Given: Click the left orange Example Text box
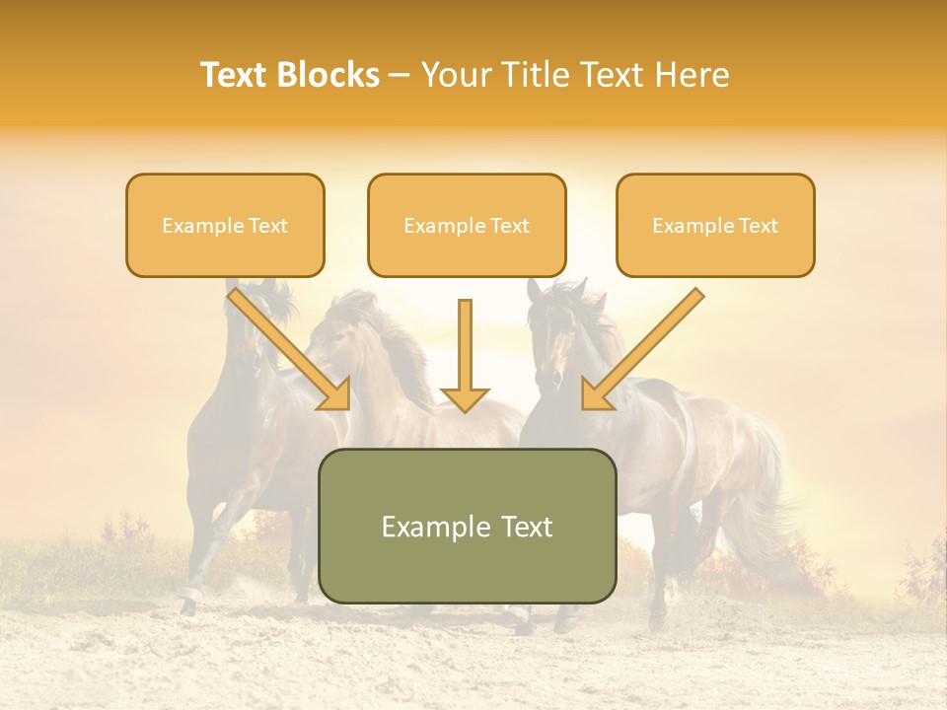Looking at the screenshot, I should click(225, 225).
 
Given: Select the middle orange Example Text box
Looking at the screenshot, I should click(467, 225).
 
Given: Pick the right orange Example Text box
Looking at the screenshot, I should click(715, 225).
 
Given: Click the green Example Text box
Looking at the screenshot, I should click(467, 526).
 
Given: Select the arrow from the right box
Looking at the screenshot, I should click(641, 350).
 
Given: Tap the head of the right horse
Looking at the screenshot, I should click(552, 335).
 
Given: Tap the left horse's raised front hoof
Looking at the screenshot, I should click(187, 597).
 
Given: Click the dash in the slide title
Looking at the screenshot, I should click(400, 75).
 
